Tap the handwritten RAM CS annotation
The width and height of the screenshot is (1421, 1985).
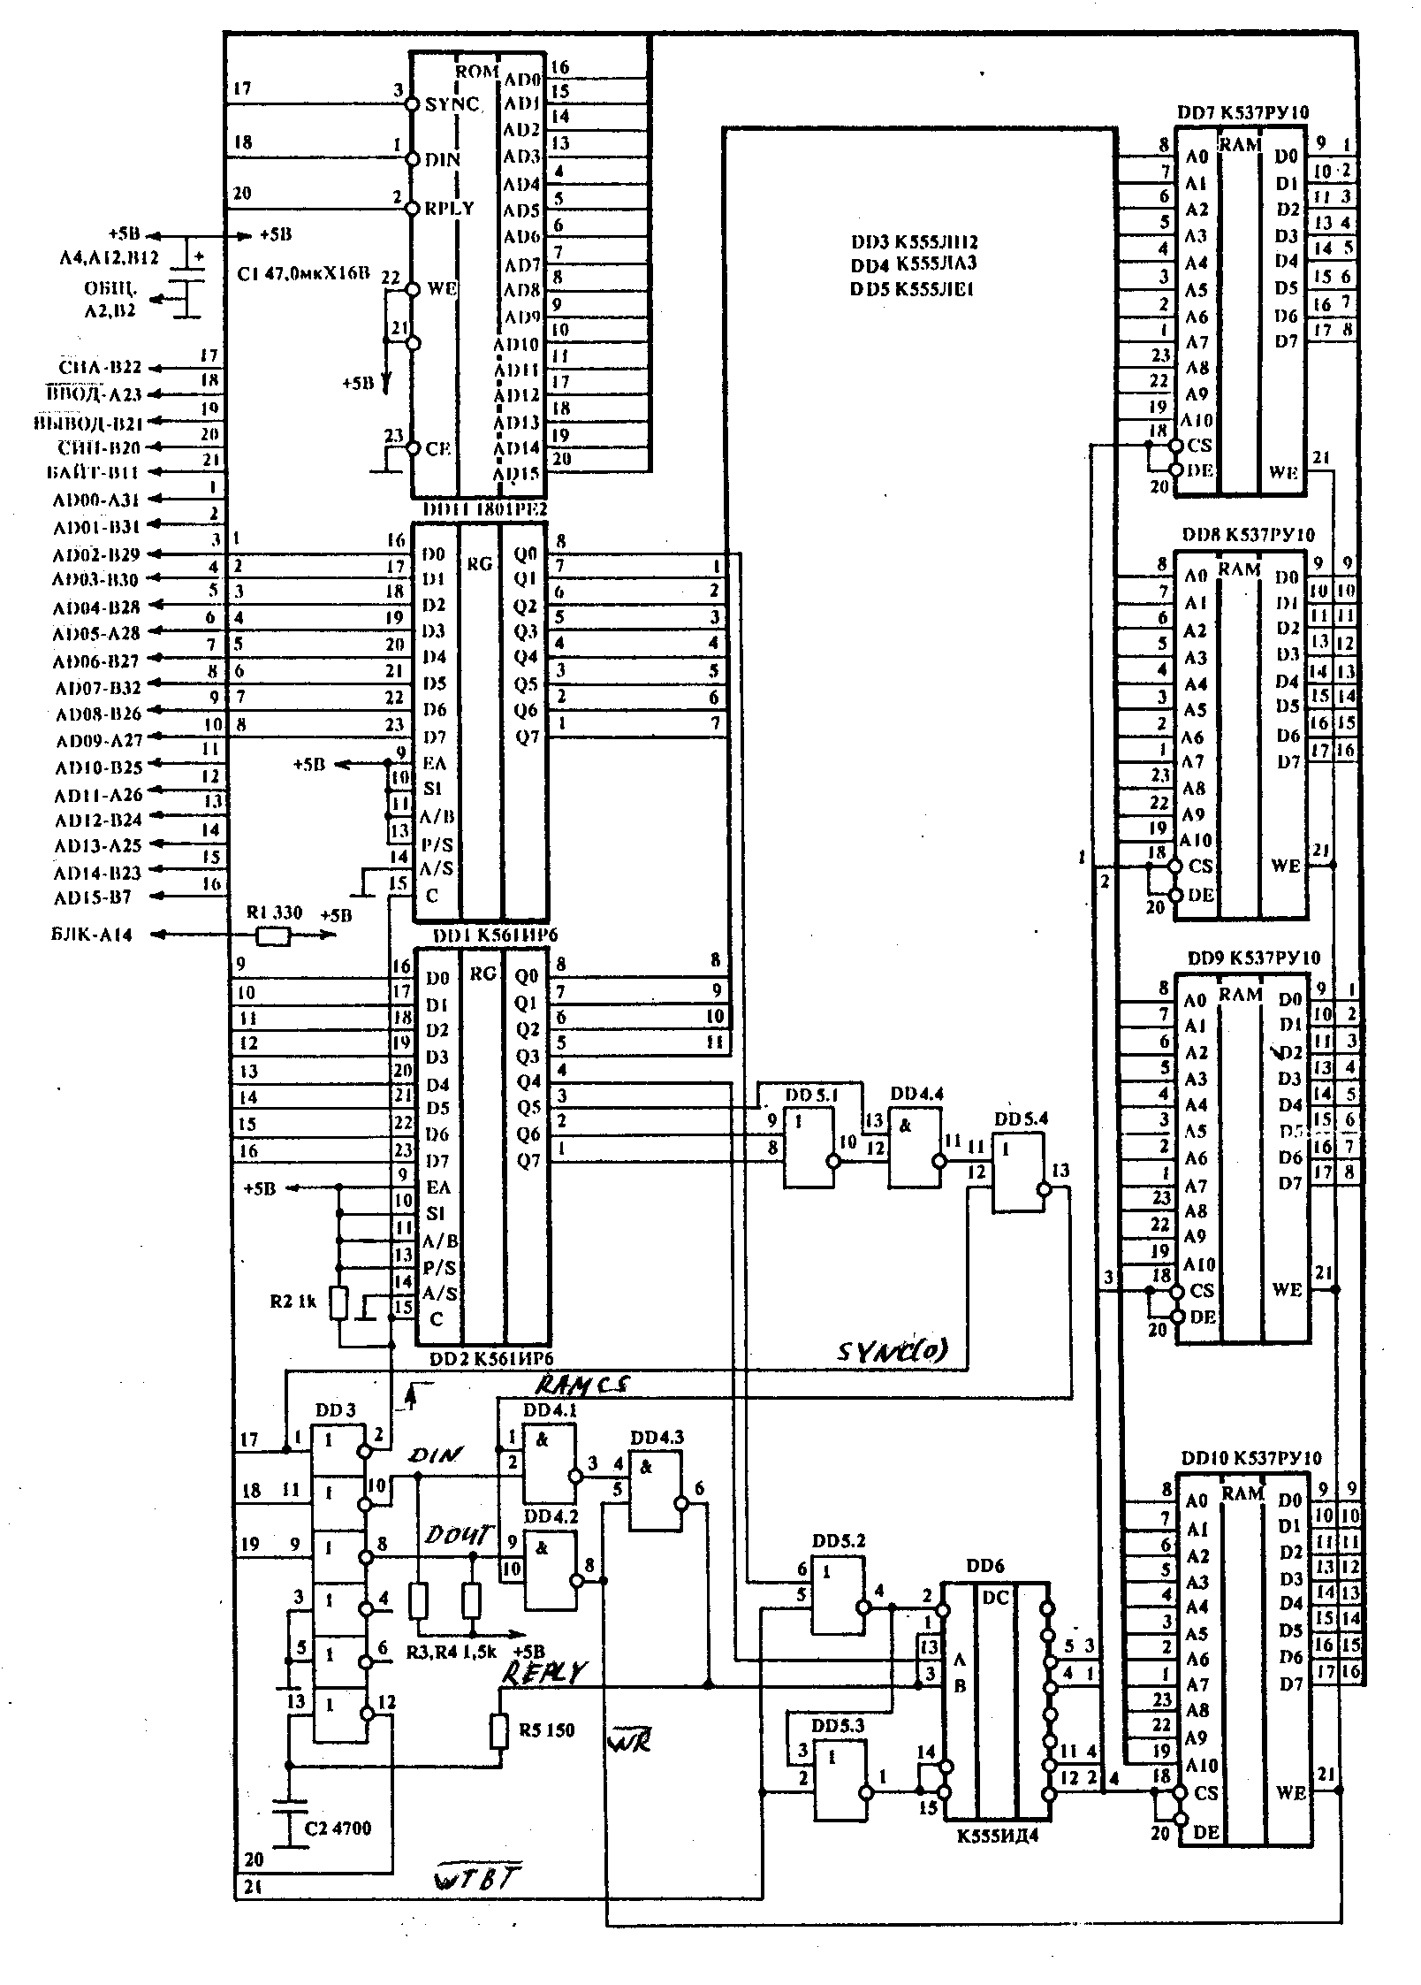(582, 1385)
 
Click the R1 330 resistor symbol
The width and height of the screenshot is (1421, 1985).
(273, 935)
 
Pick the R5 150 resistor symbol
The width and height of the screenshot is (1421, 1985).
(499, 1730)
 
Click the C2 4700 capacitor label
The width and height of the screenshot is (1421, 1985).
(338, 1828)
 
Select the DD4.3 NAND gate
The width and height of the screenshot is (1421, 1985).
(655, 1492)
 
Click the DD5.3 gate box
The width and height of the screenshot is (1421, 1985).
(839, 1780)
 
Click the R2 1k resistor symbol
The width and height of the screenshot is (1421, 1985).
(338, 1303)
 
